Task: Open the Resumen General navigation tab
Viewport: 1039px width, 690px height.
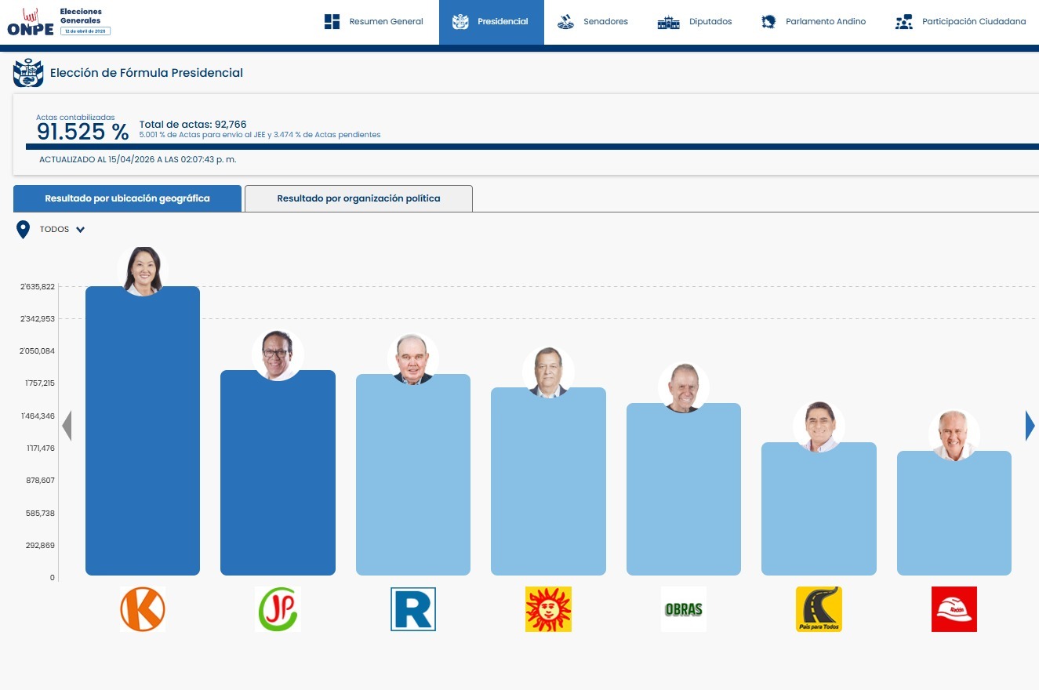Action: click(x=374, y=22)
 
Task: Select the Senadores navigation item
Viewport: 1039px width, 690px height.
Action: click(x=593, y=22)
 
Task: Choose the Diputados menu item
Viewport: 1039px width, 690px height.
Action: click(x=695, y=22)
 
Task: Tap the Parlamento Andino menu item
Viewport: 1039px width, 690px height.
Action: click(x=814, y=22)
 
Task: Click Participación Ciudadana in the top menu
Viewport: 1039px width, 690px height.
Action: click(x=961, y=22)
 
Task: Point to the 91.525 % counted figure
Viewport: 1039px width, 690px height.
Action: click(x=82, y=132)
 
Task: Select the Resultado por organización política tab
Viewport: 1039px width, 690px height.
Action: click(x=358, y=198)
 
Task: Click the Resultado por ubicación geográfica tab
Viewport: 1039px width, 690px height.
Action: click(x=127, y=198)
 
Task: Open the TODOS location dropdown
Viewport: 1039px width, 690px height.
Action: click(x=62, y=230)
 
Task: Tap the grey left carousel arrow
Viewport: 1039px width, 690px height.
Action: click(x=67, y=426)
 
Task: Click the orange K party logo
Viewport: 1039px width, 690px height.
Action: click(x=143, y=609)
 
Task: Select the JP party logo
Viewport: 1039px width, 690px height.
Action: click(x=278, y=609)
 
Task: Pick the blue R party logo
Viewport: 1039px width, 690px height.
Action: click(x=413, y=609)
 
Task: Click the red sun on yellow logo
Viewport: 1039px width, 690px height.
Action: click(x=548, y=609)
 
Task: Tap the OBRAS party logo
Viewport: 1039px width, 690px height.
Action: click(x=683, y=609)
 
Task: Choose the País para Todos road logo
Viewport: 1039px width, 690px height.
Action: click(x=819, y=609)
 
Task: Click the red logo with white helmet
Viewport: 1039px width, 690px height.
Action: click(x=954, y=609)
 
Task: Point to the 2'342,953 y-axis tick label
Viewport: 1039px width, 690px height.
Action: click(x=38, y=319)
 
